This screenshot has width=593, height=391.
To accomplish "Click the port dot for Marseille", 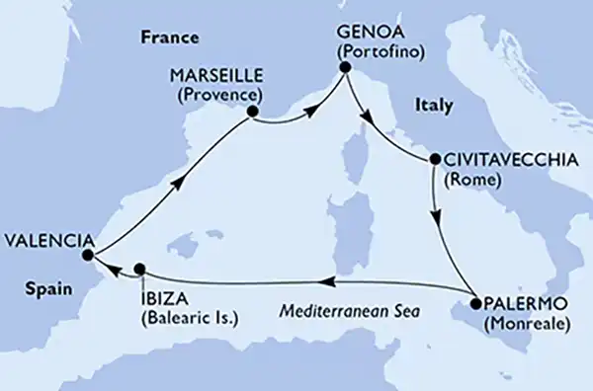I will [252, 113].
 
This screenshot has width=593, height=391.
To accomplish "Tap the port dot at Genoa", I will [345, 68].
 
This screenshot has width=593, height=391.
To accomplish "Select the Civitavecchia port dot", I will [434, 160].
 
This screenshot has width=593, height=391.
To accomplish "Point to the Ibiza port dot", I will [139, 268].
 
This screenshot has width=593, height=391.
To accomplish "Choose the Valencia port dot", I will [87, 255].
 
